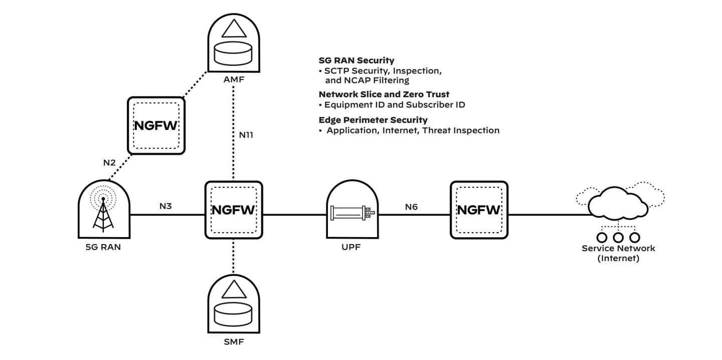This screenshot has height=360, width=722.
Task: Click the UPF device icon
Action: [x=351, y=211]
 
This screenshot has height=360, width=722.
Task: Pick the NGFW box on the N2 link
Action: [x=156, y=125]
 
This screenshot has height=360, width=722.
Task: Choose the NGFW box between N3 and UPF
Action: [x=234, y=210]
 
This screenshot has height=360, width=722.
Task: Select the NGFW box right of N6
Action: [x=479, y=210]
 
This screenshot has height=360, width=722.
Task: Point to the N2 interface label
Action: [x=110, y=162]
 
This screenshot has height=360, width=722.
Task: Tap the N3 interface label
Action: [x=166, y=206]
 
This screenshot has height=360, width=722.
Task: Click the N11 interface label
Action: [x=246, y=134]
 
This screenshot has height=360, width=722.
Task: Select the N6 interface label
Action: [x=411, y=206]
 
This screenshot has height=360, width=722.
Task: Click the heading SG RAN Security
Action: [x=356, y=61]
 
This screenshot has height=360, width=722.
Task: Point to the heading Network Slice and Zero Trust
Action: [x=384, y=94]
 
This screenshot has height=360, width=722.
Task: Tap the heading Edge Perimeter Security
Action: [x=373, y=120]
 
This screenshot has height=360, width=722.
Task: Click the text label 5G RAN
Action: [x=103, y=247]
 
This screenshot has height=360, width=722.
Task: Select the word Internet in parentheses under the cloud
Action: [x=618, y=259]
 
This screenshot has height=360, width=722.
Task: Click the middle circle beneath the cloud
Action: [x=618, y=237]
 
